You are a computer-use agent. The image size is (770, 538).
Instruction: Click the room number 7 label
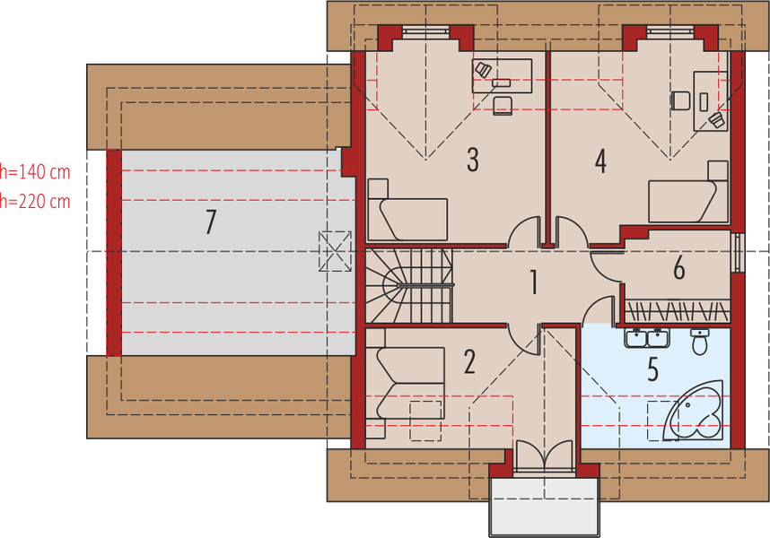click(210, 221)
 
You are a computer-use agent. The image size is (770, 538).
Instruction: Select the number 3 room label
click(472, 161)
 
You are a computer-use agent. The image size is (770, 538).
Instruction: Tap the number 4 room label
click(600, 161)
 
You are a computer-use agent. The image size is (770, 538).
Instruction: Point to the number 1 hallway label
click(534, 283)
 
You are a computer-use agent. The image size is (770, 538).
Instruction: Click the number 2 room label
click(468, 362)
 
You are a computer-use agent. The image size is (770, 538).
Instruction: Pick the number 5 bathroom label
click(678, 267)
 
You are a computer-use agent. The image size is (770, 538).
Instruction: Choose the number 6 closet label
click(652, 368)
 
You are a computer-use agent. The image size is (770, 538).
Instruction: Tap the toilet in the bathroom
click(700, 341)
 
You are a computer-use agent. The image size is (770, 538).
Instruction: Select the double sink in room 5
click(644, 338)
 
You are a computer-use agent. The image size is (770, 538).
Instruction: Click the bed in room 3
click(407, 214)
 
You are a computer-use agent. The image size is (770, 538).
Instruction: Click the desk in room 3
click(502, 74)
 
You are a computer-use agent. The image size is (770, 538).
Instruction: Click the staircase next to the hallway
click(408, 286)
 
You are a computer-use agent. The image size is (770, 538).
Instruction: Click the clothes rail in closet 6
click(678, 310)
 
